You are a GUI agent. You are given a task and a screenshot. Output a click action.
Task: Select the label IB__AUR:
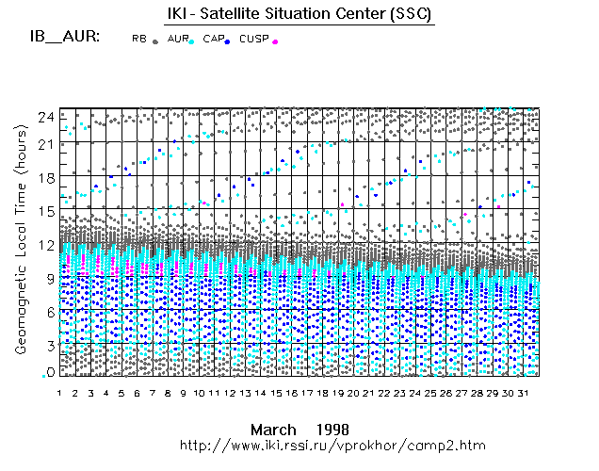[x=66, y=38]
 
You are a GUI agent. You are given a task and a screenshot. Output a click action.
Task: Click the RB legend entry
[x=143, y=40]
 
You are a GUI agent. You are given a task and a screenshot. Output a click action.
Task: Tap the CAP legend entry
[x=216, y=40]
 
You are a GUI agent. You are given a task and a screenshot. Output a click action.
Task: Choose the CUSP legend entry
[x=256, y=40]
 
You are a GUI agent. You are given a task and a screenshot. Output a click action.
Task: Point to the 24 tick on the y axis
[x=45, y=115]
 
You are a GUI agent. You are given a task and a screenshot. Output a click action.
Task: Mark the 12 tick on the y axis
[x=45, y=244]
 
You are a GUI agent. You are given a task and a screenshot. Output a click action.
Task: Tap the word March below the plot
[x=272, y=429]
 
